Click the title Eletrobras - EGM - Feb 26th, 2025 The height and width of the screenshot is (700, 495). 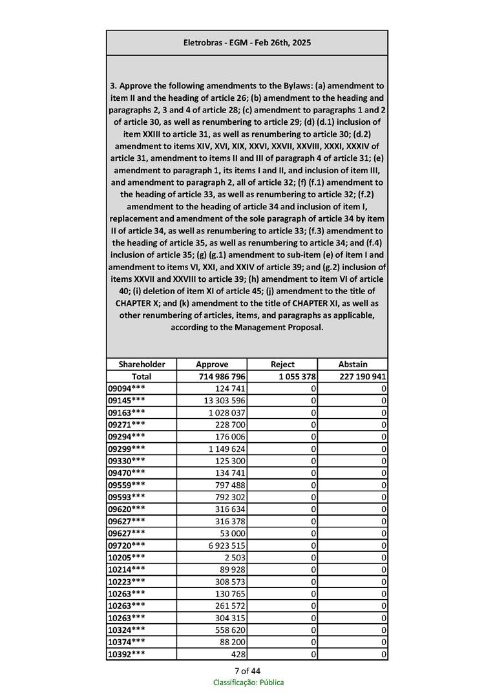tap(247, 43)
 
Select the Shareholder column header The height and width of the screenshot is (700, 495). tap(142, 365)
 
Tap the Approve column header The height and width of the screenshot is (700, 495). tap(212, 365)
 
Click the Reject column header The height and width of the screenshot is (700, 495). tap(282, 365)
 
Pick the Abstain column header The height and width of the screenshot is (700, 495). tap(353, 365)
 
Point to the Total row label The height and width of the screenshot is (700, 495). tap(142, 376)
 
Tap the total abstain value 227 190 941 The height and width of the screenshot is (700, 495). tap(363, 376)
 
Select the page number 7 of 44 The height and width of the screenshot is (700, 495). tap(248, 670)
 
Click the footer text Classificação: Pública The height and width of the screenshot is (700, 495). tap(248, 683)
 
